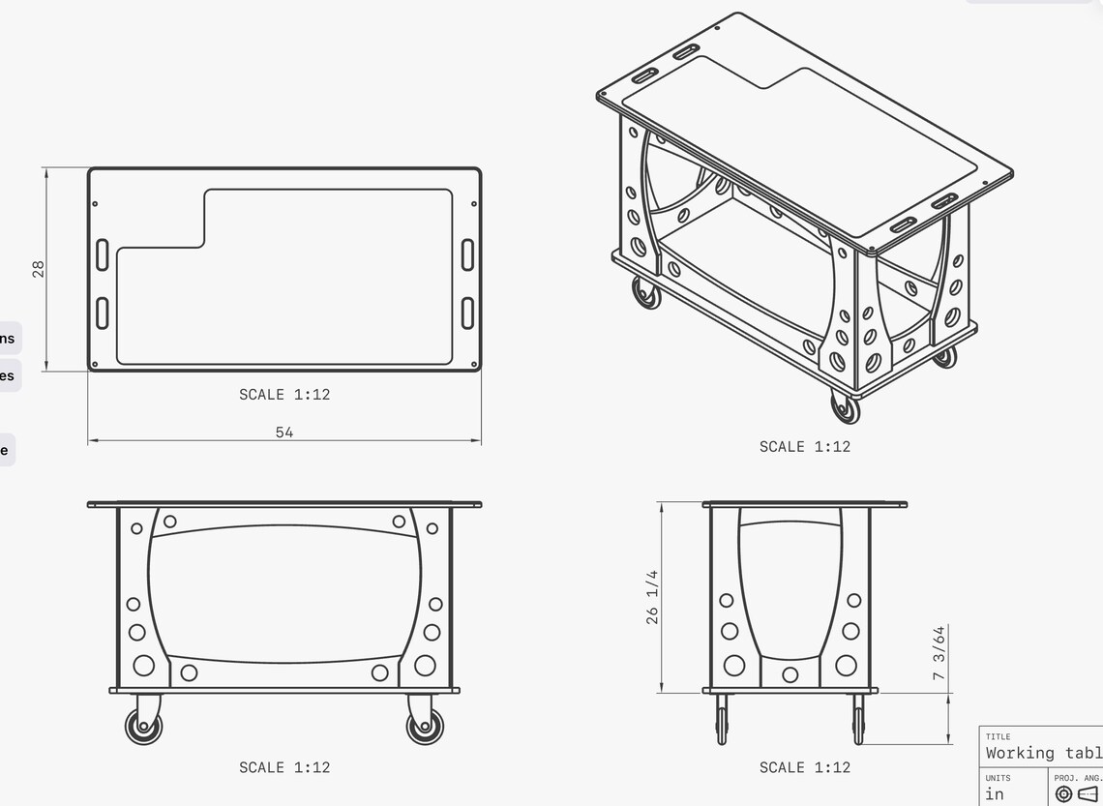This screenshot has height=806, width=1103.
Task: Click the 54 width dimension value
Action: pyautogui.click(x=284, y=433)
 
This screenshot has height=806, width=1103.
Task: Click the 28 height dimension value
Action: pyautogui.click(x=39, y=268)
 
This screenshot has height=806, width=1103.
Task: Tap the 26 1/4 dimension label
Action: pyautogui.click(x=652, y=597)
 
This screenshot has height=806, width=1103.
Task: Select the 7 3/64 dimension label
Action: pyautogui.click(x=939, y=653)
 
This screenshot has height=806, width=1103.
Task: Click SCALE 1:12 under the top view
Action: pyautogui.click(x=284, y=395)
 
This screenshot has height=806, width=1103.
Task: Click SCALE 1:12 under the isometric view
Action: pyautogui.click(x=804, y=447)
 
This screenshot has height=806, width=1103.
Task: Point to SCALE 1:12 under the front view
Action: pyautogui.click(x=284, y=767)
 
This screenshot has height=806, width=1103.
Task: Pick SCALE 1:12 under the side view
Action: pyautogui.click(x=804, y=767)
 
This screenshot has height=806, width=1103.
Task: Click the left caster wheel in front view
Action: pyautogui.click(x=144, y=726)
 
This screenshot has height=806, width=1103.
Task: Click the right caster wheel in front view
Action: pyautogui.click(x=425, y=726)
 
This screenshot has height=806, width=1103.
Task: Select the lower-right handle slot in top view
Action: pyautogui.click(x=468, y=313)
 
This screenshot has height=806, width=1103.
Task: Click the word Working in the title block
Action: pyautogui.click(x=1020, y=753)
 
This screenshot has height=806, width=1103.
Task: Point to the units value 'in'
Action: pyautogui.click(x=995, y=794)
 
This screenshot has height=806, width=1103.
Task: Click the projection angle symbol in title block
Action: pyautogui.click(x=1074, y=794)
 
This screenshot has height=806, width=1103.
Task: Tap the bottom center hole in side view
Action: pyautogui.click(x=790, y=674)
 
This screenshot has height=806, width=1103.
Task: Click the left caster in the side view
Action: pyautogui.click(x=722, y=720)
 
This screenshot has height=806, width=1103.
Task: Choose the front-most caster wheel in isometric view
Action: pyautogui.click(x=845, y=407)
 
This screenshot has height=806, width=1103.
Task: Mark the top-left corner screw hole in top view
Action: pyautogui.click(x=95, y=204)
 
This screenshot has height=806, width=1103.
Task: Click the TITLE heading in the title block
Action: pyautogui.click(x=998, y=737)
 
